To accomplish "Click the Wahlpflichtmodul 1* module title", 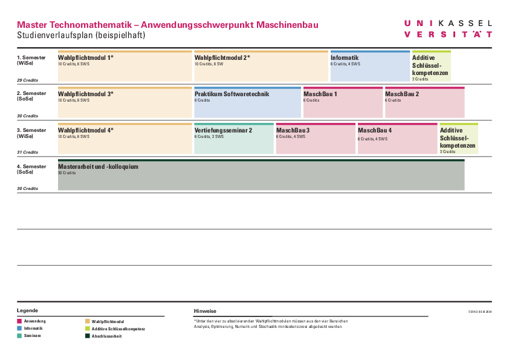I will tap(85, 57).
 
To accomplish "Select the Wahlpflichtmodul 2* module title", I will tap(222, 57).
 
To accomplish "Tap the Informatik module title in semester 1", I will tap(345, 58).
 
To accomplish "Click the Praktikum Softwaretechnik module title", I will tap(232, 94).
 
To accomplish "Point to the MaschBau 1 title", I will tap(320, 94).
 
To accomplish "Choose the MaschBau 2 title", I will tap(402, 94).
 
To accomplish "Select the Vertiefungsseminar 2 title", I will tap(223, 130).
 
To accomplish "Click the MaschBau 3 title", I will tap(293, 130).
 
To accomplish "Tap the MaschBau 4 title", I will tap(375, 130).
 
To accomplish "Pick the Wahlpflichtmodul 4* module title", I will tap(85, 130).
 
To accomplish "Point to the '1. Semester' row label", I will tap(31, 57).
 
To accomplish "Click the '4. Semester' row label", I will tap(31, 166).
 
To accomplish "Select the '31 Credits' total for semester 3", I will tap(27, 152).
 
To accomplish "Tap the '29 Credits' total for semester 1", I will tap(27, 80).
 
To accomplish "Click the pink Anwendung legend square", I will tap(19, 321).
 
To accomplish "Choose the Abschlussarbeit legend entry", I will tap(106, 336).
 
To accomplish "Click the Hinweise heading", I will tap(205, 310).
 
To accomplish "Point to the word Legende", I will tap(27, 310).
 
